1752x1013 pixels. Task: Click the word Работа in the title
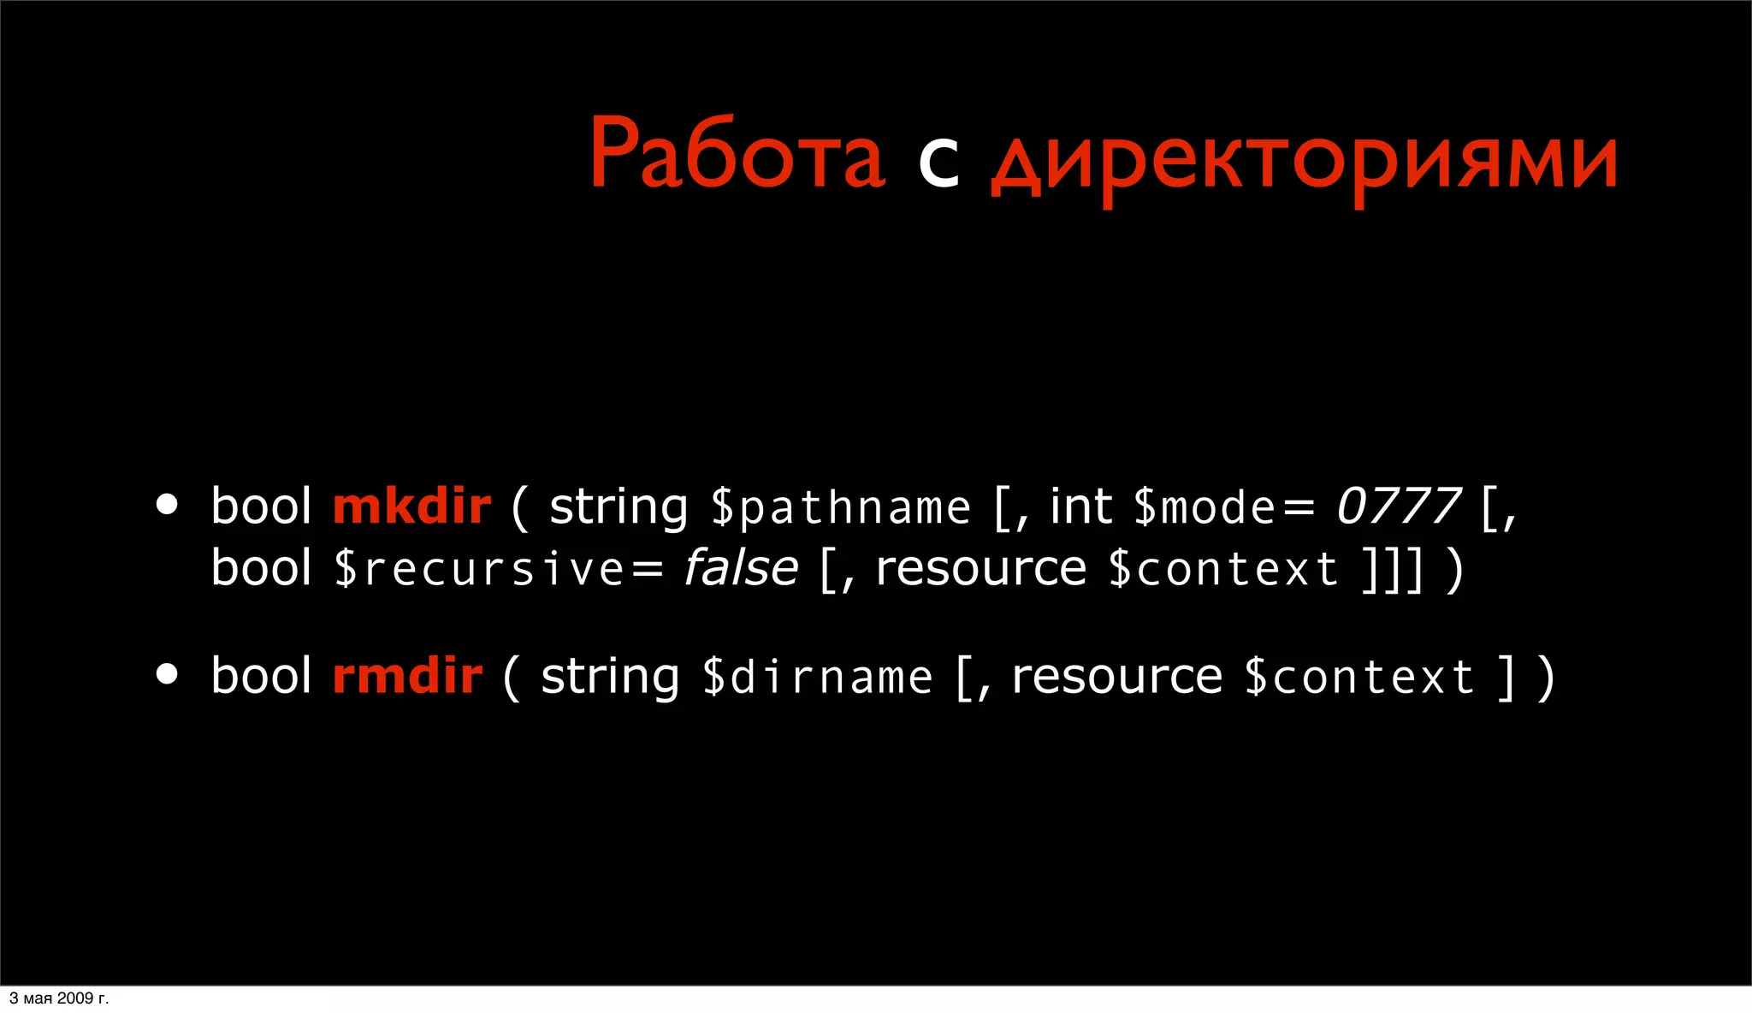pyautogui.click(x=737, y=154)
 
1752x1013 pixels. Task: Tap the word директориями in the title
pyautogui.click(x=1304, y=163)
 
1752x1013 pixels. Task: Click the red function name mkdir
pyautogui.click(x=411, y=506)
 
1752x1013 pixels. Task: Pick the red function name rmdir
pyautogui.click(x=407, y=676)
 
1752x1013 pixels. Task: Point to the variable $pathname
pyautogui.click(x=841, y=508)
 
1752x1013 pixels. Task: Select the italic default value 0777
pyautogui.click(x=1399, y=506)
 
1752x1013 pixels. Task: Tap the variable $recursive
pyautogui.click(x=479, y=569)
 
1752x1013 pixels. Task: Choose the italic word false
pyautogui.click(x=741, y=568)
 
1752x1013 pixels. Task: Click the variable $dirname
pyautogui.click(x=817, y=678)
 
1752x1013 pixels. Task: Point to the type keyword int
pyautogui.click(x=1080, y=506)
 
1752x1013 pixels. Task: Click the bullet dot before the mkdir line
pyautogui.click(x=167, y=505)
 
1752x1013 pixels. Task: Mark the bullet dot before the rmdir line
pyautogui.click(x=167, y=674)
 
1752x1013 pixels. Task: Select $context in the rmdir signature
pyautogui.click(x=1359, y=678)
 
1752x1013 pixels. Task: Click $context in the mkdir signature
pyautogui.click(x=1223, y=569)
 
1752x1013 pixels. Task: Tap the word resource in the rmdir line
pyautogui.click(x=1117, y=677)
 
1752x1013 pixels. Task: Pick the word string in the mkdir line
pyautogui.click(x=619, y=507)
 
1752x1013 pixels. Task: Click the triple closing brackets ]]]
pyautogui.click(x=1394, y=570)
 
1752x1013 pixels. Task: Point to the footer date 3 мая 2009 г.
pyautogui.click(x=59, y=998)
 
